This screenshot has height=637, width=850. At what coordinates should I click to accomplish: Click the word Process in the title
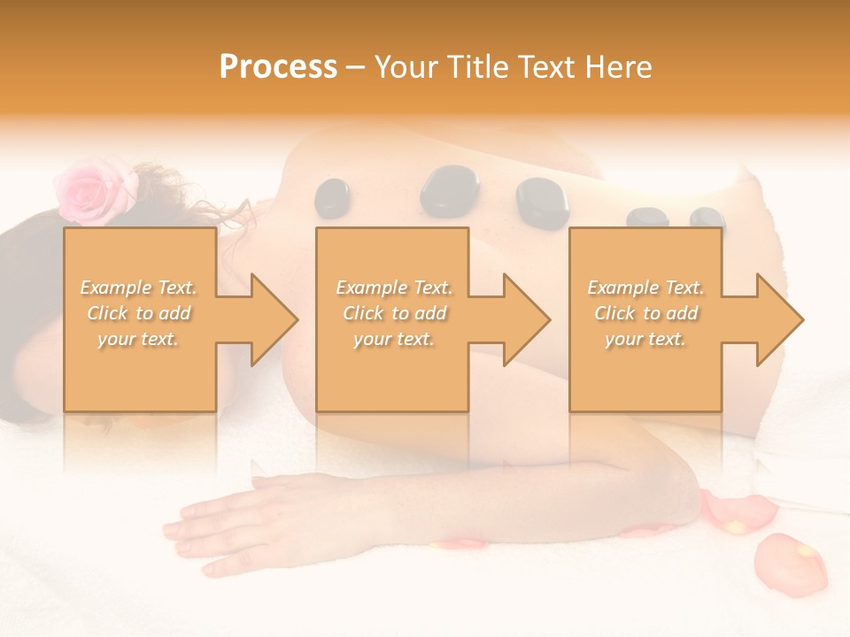coord(278,67)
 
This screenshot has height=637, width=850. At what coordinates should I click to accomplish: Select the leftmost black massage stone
coord(333,197)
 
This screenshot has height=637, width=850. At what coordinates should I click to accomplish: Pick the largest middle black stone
coord(449,190)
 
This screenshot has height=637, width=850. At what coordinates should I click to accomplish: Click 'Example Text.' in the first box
coord(139,288)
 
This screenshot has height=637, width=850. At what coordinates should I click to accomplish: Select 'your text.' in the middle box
coord(393,339)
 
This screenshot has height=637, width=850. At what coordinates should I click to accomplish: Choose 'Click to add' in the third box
coord(645,313)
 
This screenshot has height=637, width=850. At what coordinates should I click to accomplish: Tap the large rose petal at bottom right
coord(790,564)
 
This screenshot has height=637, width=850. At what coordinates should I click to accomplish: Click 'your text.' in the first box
coord(138,339)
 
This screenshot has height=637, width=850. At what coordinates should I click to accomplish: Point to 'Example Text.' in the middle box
coord(394,288)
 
